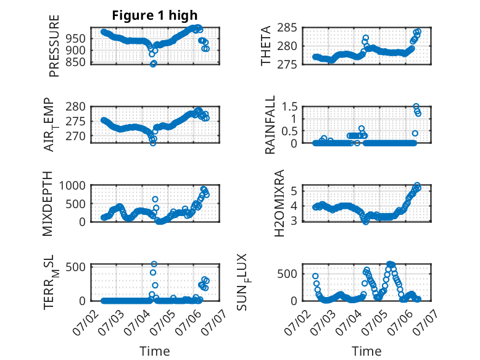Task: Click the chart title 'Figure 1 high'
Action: click(155, 15)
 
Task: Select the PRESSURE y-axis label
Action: click(54, 46)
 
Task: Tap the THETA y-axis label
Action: click(266, 46)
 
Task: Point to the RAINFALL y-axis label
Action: click(270, 125)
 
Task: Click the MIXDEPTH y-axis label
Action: click(48, 204)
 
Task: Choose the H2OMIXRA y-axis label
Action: click(279, 203)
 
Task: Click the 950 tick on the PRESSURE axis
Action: click(75, 39)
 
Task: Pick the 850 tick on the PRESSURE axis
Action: click(75, 62)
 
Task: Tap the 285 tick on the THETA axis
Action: click(287, 28)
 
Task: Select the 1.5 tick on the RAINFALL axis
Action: click(289, 107)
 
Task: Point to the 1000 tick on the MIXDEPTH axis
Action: click(72, 186)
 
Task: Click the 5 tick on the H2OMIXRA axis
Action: click(294, 191)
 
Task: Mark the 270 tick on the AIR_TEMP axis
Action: click(75, 136)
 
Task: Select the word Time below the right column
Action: click(366, 351)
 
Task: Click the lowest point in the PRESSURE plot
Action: click(153, 64)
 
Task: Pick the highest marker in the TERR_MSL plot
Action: click(154, 264)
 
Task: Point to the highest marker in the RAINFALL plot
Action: click(416, 106)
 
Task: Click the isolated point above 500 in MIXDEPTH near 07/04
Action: click(155, 199)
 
